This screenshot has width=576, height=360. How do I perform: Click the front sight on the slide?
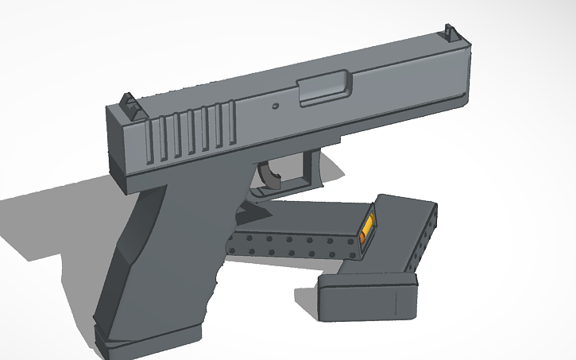(x=450, y=33)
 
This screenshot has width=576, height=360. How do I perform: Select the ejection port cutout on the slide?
(x=324, y=87)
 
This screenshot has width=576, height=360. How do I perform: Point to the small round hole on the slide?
(x=276, y=105)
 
